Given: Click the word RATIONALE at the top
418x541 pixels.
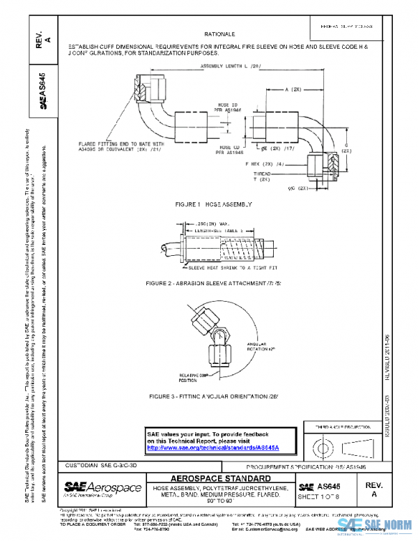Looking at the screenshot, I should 219,33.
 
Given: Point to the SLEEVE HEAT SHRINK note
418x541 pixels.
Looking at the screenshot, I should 223,267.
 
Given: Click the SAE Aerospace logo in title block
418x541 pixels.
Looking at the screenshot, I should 102,487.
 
